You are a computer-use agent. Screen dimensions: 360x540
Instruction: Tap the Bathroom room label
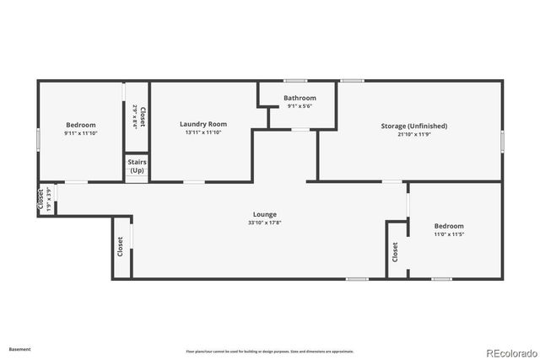(x=300, y=98)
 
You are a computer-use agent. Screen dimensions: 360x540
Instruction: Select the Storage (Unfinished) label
(x=413, y=126)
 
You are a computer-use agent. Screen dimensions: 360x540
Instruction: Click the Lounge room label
(x=264, y=214)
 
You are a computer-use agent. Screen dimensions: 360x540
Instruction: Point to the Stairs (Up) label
(x=137, y=165)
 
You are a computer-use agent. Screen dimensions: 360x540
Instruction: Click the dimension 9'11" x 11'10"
(x=81, y=132)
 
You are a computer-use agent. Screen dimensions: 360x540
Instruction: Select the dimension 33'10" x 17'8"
(x=264, y=223)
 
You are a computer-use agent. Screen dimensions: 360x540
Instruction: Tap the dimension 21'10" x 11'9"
(x=413, y=133)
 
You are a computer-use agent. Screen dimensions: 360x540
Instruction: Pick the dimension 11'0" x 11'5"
(x=449, y=234)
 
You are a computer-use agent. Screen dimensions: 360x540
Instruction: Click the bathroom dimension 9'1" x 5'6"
(x=300, y=105)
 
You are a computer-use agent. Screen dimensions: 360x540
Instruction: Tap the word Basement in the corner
(x=19, y=348)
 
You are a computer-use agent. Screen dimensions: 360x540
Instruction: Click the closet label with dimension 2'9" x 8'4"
(x=143, y=116)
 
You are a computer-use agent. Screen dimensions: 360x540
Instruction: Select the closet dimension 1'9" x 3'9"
(x=50, y=199)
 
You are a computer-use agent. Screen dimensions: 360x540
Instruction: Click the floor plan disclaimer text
(x=269, y=351)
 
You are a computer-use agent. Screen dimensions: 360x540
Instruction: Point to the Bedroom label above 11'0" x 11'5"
(x=449, y=225)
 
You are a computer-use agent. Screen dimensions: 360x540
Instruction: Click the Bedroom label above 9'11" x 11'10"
(x=81, y=125)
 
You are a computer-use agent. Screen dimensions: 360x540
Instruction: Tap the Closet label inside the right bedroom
(x=395, y=252)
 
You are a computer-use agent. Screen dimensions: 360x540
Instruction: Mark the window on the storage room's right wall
(x=502, y=140)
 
